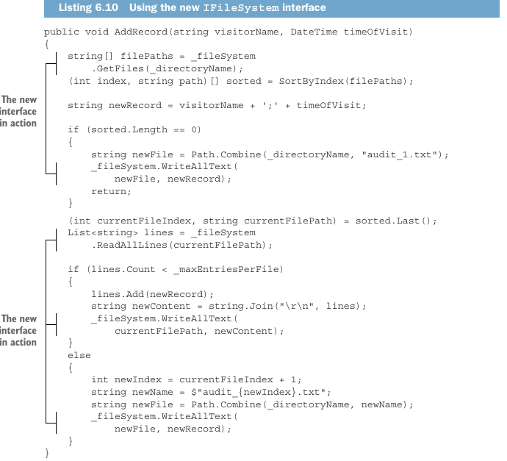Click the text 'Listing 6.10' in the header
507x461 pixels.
pos(88,7)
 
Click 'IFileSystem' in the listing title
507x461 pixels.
pos(241,8)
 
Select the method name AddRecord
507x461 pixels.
pos(140,32)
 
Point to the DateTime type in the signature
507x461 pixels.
pos(314,32)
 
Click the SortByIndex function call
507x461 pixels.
pos(311,81)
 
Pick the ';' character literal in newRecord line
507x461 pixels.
pos(270,105)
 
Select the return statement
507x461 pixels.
pos(111,191)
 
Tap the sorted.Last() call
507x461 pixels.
pos(394,221)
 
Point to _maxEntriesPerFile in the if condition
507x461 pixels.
pos(225,269)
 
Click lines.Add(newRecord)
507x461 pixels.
pos(149,294)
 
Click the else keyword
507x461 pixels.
pos(79,355)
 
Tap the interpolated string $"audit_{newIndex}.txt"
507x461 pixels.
pos(258,392)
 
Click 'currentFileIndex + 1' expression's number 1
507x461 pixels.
pos(293,379)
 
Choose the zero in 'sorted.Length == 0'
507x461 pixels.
pos(194,129)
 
